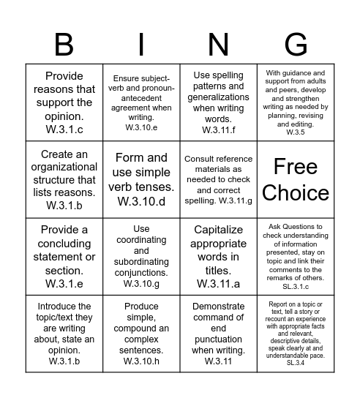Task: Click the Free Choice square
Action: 296,179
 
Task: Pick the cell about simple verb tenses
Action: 142,179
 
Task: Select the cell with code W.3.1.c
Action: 64,102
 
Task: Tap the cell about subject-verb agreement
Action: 142,102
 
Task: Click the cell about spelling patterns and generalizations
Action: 218,102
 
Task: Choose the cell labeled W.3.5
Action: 296,102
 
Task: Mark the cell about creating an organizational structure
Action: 64,179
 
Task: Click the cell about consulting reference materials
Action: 218,179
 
